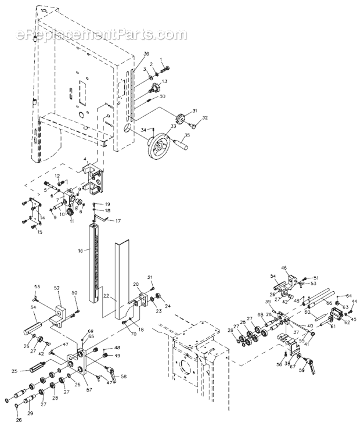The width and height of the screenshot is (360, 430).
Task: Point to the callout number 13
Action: click(165, 82)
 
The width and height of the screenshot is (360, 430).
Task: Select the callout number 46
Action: click(285, 268)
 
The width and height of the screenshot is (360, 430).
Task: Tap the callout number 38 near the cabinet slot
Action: click(138, 53)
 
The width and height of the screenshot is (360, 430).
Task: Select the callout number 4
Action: click(85, 159)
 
